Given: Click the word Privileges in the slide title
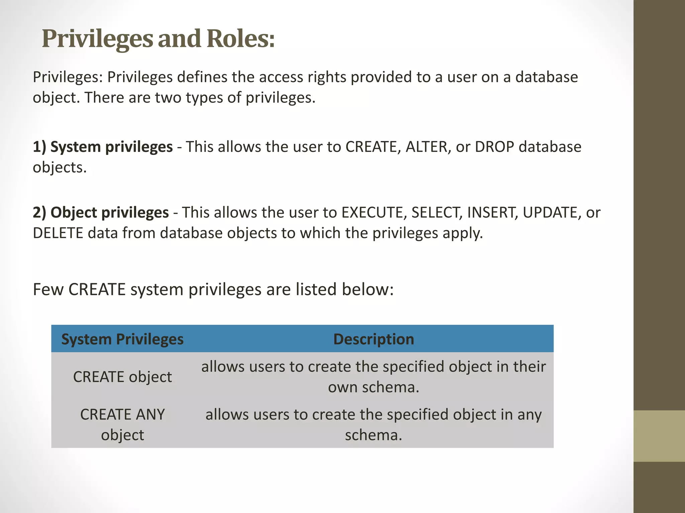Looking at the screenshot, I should point(97,39).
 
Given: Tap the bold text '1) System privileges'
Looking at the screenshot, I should point(103,147).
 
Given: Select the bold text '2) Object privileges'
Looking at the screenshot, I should point(101,212).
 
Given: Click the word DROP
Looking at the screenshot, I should point(494,147).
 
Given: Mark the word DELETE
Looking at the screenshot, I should point(58,233).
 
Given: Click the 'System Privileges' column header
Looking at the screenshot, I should point(122,339).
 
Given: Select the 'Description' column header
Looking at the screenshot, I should point(374,339).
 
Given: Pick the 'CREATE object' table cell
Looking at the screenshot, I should point(122,377).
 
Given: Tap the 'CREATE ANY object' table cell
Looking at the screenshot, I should point(122,424).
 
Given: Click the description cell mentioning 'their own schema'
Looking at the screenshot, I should point(374,377).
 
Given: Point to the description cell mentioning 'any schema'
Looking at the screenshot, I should point(374,424).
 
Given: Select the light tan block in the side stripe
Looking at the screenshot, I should point(659,436).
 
